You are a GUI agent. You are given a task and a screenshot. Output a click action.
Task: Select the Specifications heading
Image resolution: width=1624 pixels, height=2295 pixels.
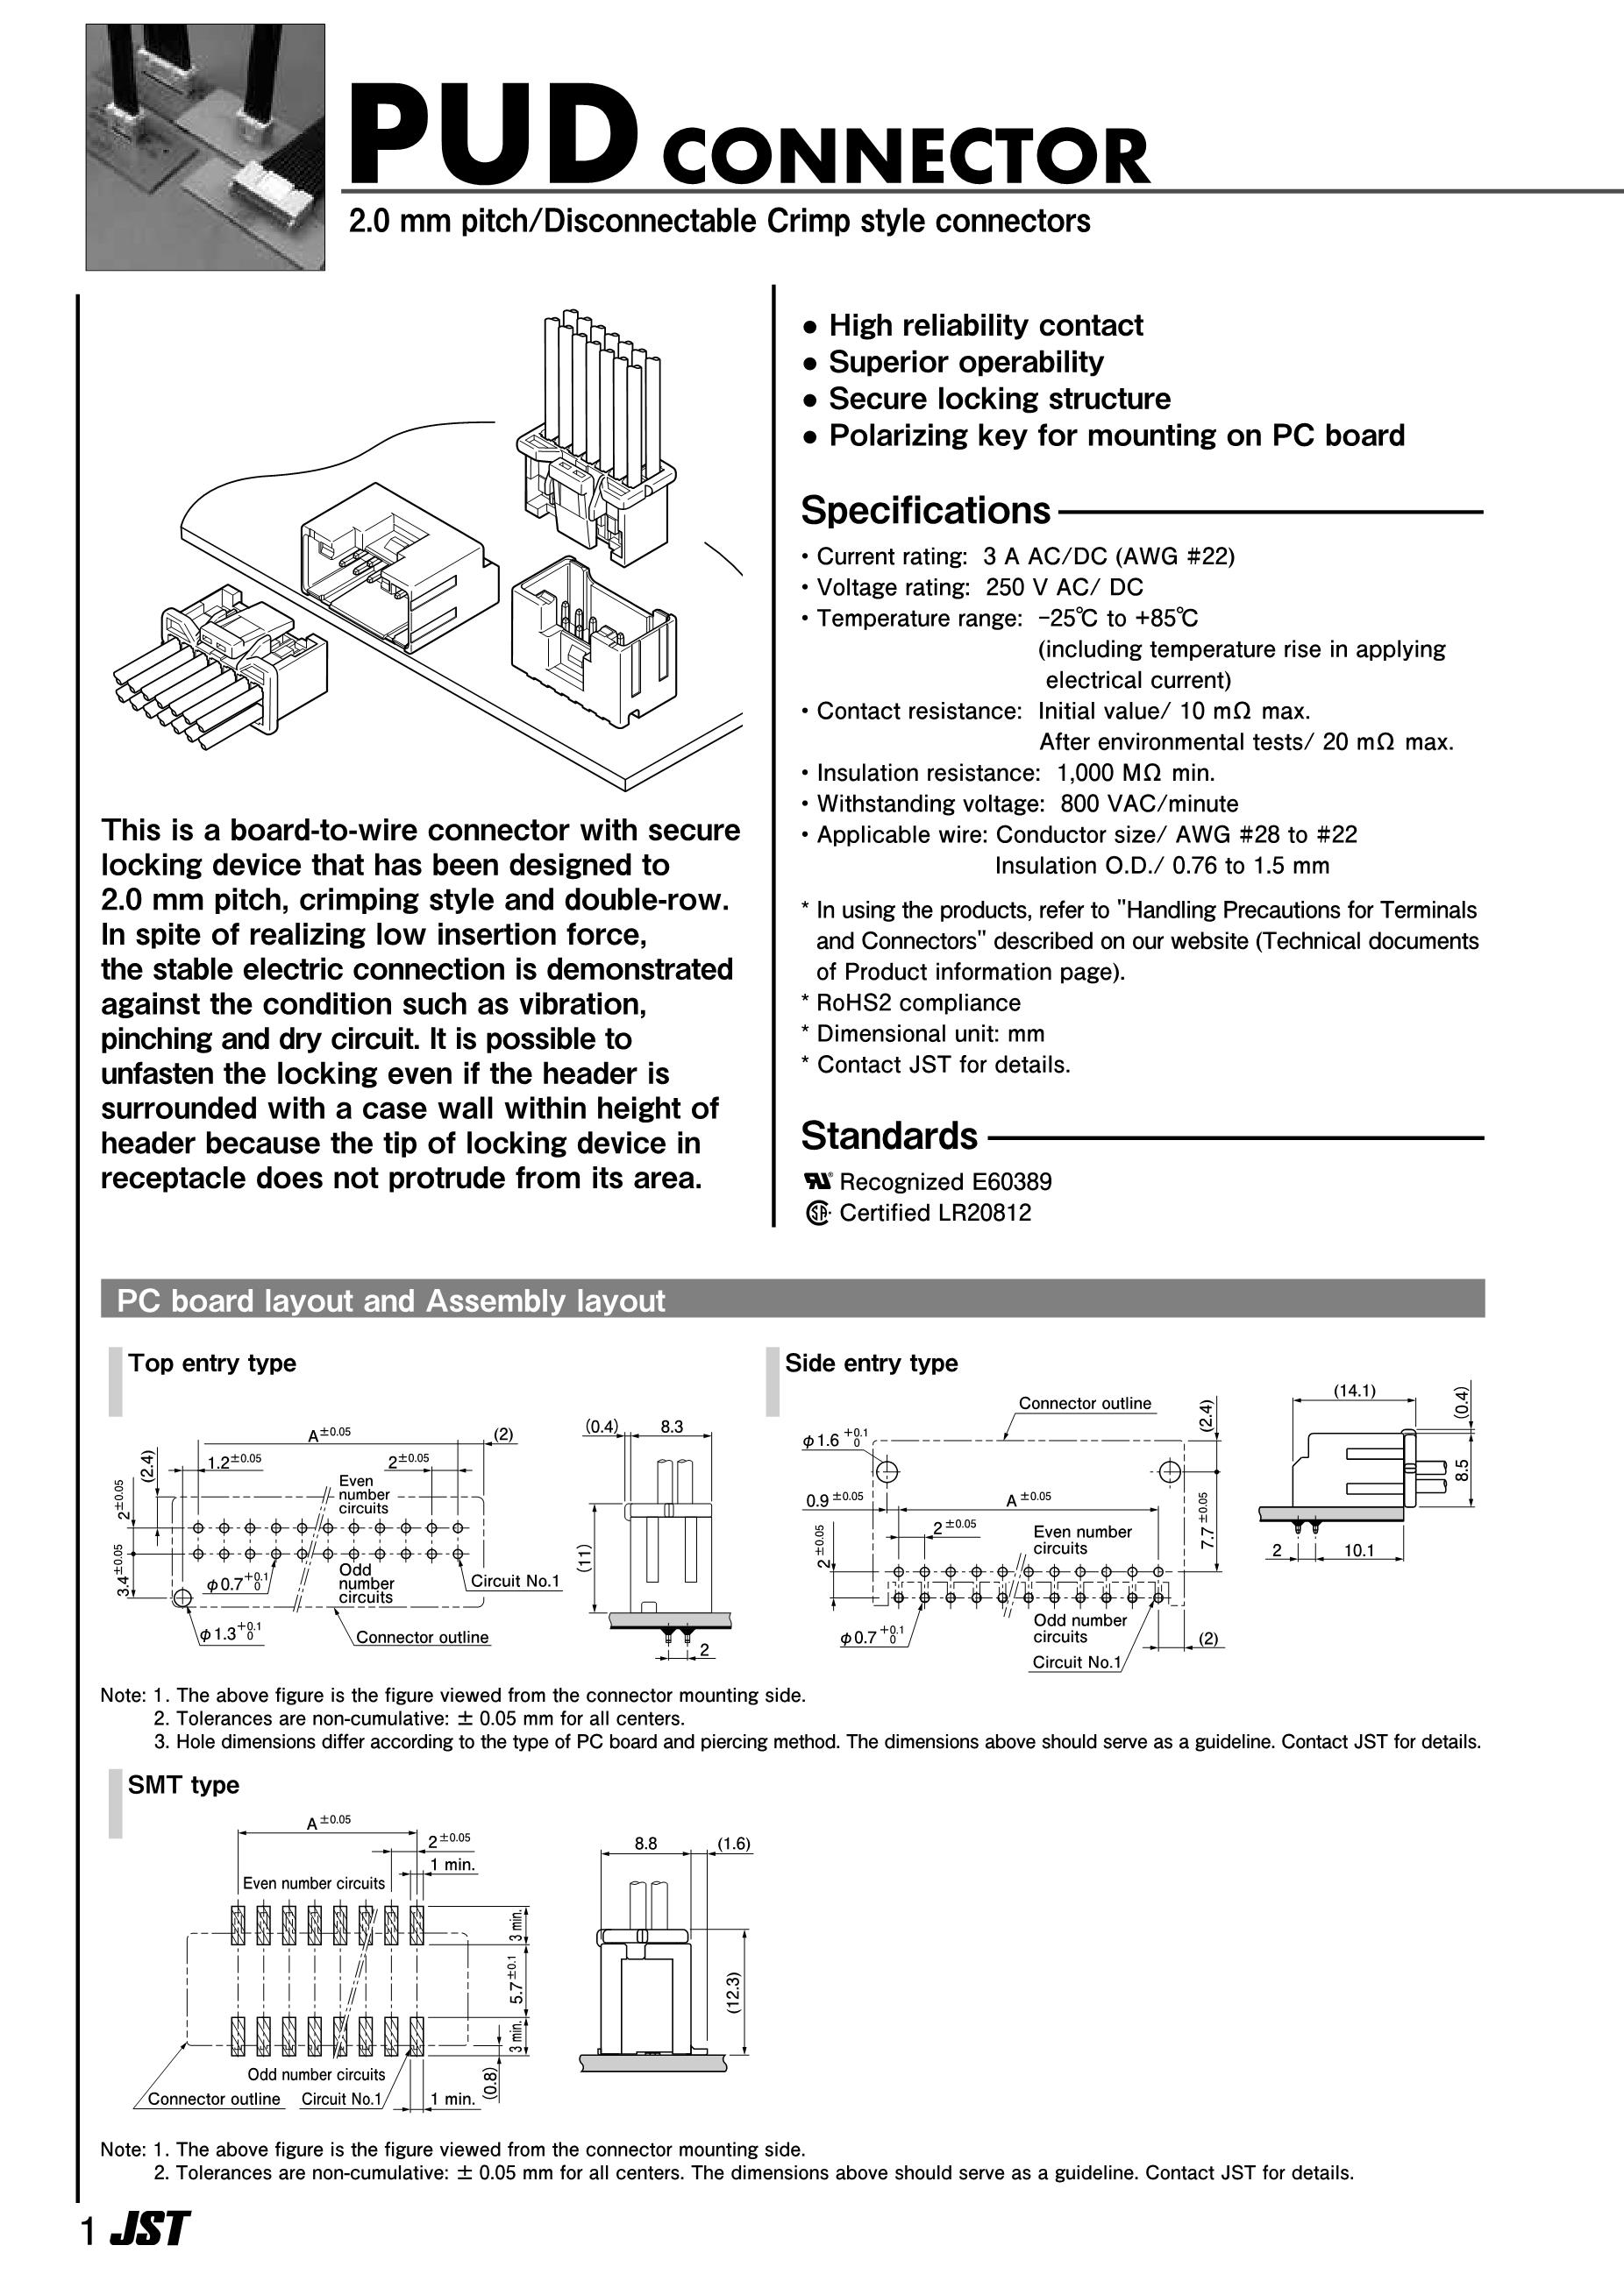(925, 511)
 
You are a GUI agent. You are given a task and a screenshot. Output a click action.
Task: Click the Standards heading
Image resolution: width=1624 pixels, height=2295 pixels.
(889, 1137)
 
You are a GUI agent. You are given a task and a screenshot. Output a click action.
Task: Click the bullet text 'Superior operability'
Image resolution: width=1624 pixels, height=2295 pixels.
(966, 362)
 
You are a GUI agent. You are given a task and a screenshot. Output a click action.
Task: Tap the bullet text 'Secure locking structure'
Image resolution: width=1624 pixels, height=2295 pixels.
(999, 399)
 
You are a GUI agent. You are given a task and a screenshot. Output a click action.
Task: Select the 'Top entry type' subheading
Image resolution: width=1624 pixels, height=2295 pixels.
(212, 1364)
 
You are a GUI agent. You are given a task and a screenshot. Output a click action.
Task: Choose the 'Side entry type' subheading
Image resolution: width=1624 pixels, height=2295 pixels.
(871, 1364)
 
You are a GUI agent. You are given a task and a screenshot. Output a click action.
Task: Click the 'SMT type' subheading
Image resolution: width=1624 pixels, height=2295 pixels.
(184, 1785)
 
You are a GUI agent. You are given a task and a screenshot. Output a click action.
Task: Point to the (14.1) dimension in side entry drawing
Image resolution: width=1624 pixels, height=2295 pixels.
(1354, 1391)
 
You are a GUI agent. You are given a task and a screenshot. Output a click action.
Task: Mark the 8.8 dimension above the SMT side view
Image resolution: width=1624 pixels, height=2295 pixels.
(646, 1843)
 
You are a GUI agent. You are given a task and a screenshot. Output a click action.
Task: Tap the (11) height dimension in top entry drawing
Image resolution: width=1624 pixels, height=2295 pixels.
(584, 1556)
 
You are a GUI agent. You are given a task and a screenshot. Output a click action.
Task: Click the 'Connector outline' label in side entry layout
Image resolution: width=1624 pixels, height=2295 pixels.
(1084, 1404)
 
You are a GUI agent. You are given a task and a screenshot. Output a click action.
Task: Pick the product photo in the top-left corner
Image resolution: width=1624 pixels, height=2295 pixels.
(206, 147)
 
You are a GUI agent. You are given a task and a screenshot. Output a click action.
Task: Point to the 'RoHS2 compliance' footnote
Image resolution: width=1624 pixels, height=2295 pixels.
(918, 1002)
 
